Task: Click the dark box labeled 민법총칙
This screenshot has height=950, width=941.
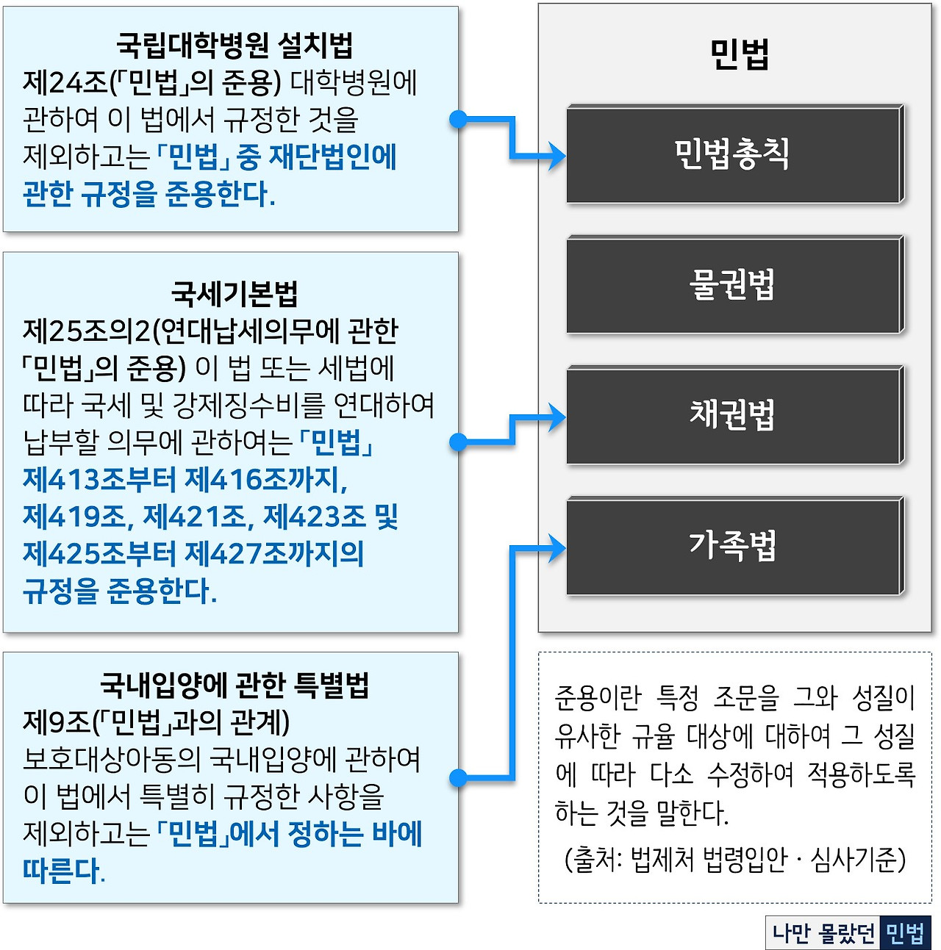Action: (734, 154)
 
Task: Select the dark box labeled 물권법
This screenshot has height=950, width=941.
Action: (734, 285)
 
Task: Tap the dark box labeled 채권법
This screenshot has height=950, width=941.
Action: (734, 415)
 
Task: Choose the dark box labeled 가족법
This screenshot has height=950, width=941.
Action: (734, 546)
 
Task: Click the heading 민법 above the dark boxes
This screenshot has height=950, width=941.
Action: (739, 54)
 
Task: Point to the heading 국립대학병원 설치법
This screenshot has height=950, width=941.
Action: (235, 46)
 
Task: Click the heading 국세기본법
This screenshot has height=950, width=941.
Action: (235, 293)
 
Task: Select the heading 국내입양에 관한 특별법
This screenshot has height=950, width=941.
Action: (235, 685)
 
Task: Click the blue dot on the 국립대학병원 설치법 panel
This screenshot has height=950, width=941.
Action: (458, 119)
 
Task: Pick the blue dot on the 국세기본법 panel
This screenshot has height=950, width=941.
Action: (458, 442)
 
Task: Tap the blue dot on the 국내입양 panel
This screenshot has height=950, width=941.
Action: (458, 777)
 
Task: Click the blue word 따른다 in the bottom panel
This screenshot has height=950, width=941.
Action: (62, 871)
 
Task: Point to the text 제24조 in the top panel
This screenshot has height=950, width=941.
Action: (65, 83)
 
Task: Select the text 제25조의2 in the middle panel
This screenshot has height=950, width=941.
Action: (86, 331)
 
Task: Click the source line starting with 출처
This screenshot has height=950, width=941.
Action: (734, 859)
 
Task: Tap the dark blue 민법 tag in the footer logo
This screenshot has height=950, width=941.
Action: (905, 933)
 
